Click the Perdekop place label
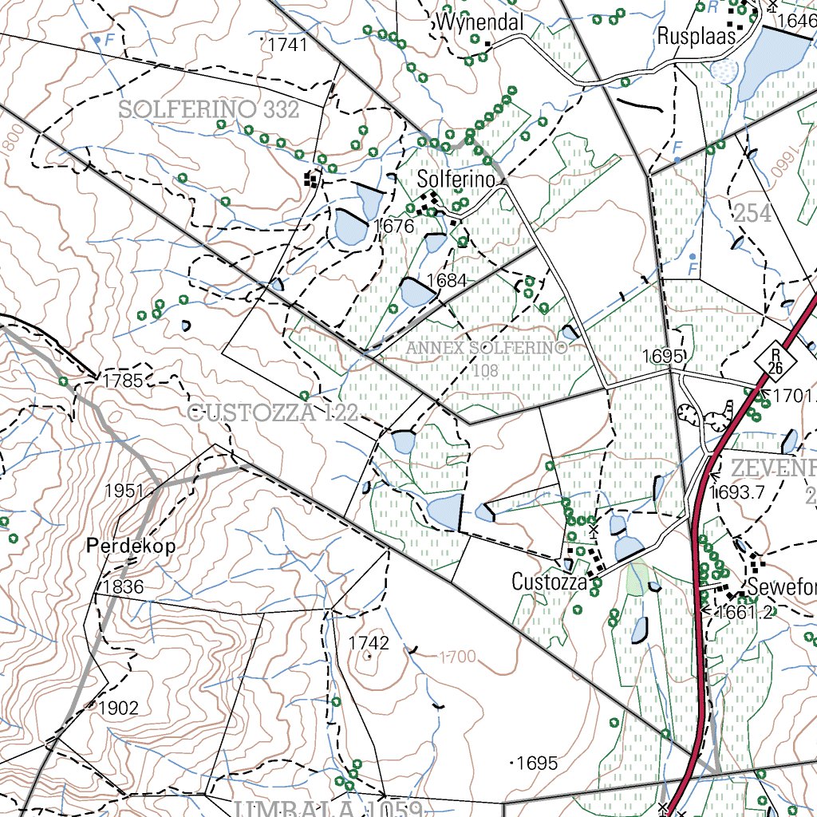(131, 547)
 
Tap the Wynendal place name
(480, 23)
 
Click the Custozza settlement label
(549, 582)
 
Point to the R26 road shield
(774, 361)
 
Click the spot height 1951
(124, 490)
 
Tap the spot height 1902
(119, 708)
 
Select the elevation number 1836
(124, 587)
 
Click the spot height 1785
(123, 381)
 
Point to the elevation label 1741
(288, 45)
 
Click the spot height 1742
(369, 643)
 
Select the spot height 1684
(446, 280)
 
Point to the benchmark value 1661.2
(744, 612)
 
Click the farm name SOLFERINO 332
(209, 109)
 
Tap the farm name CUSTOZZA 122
(272, 412)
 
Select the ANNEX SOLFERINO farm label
(485, 349)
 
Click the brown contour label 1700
(457, 657)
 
